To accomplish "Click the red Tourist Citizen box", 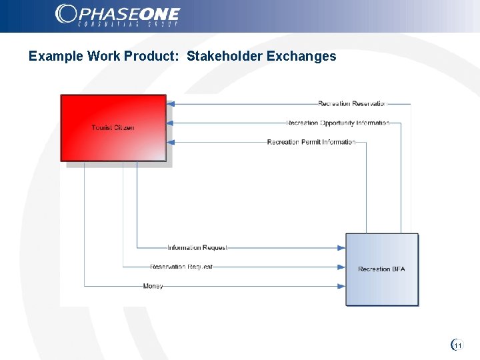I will pyautogui.click(x=113, y=127).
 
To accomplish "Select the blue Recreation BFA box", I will pyautogui.click(x=381, y=269).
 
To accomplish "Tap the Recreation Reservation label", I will pyautogui.click(x=352, y=103).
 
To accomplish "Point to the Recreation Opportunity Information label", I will pyautogui.click(x=337, y=123).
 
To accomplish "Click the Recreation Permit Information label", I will pyautogui.click(x=311, y=142).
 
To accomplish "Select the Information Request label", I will pyautogui.click(x=197, y=247).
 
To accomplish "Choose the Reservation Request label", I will pyautogui.click(x=181, y=267).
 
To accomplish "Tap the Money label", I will pyautogui.click(x=153, y=286).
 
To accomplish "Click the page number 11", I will pyautogui.click(x=457, y=345).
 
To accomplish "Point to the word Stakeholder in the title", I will pyautogui.click(x=225, y=56).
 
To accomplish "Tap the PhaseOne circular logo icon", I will pyautogui.click(x=66, y=13).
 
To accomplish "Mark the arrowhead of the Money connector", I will pyautogui.click(x=341, y=286).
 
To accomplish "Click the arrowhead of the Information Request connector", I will pyautogui.click(x=341, y=247).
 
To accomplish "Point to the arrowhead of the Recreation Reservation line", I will pyautogui.click(x=171, y=103).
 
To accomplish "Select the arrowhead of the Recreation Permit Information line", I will pyautogui.click(x=171, y=142).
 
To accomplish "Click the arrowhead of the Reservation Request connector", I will pyautogui.click(x=341, y=267).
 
